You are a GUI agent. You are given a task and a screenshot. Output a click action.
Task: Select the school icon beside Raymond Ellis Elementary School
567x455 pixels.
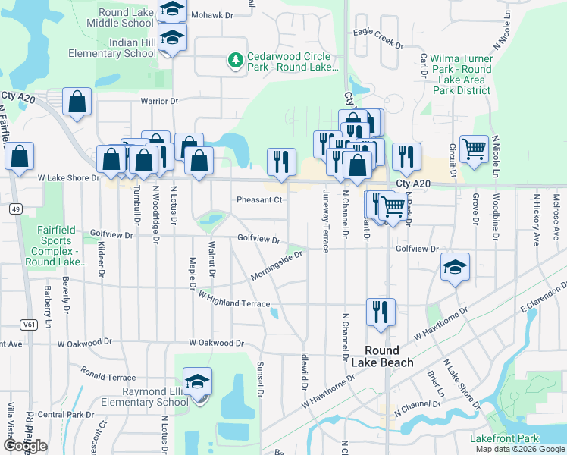click(x=198, y=381)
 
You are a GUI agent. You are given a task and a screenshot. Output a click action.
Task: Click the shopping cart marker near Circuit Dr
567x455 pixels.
click(x=474, y=149)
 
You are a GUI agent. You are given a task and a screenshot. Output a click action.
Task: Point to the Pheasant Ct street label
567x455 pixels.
click(x=259, y=200)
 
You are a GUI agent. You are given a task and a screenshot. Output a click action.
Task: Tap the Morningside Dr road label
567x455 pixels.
click(x=277, y=265)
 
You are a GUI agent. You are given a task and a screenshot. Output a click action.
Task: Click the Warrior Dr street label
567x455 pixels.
click(x=158, y=101)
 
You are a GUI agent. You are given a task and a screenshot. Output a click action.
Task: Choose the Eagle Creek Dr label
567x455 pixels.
click(x=377, y=39)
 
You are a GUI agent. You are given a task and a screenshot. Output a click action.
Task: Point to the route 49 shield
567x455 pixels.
click(x=14, y=208)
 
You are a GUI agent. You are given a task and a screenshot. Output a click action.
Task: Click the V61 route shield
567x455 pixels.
click(x=29, y=325)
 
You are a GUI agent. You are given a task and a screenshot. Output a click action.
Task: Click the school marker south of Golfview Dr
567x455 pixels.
click(x=455, y=267)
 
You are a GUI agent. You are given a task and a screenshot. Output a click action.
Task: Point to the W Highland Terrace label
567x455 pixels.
click(x=234, y=303)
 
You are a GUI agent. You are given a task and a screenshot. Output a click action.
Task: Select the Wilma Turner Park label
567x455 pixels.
click(x=462, y=74)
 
